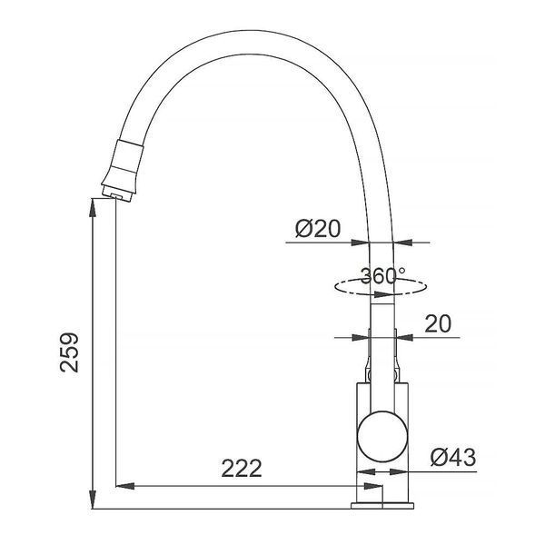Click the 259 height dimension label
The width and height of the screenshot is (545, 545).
[x=69, y=352]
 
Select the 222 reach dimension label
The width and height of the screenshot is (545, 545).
[x=242, y=468]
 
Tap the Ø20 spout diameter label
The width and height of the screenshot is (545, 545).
[x=318, y=229]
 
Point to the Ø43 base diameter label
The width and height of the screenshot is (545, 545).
[x=453, y=457]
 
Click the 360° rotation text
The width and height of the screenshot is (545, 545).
[x=381, y=276]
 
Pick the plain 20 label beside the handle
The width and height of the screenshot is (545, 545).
[x=438, y=323]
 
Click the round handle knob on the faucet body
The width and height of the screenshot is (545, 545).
[x=382, y=436]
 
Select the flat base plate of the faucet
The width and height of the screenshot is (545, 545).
[x=382, y=505]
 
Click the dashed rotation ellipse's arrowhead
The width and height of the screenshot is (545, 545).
[x=383, y=294]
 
